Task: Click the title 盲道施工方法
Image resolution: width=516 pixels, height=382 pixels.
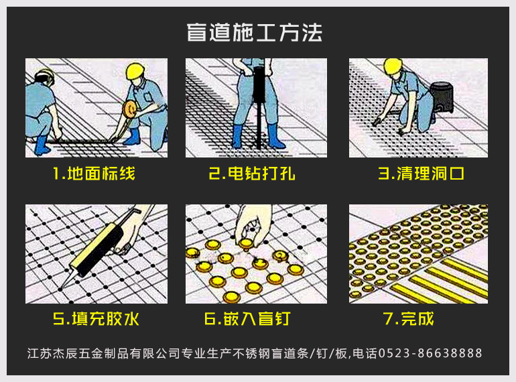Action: [x=254, y=32]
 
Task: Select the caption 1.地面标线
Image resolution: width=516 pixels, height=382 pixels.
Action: [x=94, y=173]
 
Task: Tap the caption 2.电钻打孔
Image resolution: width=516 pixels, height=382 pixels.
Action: [x=252, y=173]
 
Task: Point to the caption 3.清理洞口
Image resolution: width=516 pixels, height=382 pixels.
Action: [x=421, y=173]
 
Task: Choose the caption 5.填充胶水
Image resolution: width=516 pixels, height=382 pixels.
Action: [x=96, y=318]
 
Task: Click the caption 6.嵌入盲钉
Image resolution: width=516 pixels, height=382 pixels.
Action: [x=247, y=318]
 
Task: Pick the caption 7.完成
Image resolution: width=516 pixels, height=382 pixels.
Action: [x=408, y=318]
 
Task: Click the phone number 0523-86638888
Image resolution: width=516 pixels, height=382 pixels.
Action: [x=430, y=353]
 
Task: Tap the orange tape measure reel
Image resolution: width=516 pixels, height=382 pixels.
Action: [x=130, y=110]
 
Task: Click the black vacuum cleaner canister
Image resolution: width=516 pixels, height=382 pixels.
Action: [x=442, y=97]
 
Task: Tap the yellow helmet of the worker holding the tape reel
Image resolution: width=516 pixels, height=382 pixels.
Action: [x=135, y=72]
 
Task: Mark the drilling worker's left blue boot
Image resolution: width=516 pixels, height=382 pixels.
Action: [x=237, y=136]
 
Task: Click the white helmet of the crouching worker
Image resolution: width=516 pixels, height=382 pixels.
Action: [x=44, y=76]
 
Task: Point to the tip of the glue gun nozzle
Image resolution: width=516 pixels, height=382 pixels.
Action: [x=60, y=290]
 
